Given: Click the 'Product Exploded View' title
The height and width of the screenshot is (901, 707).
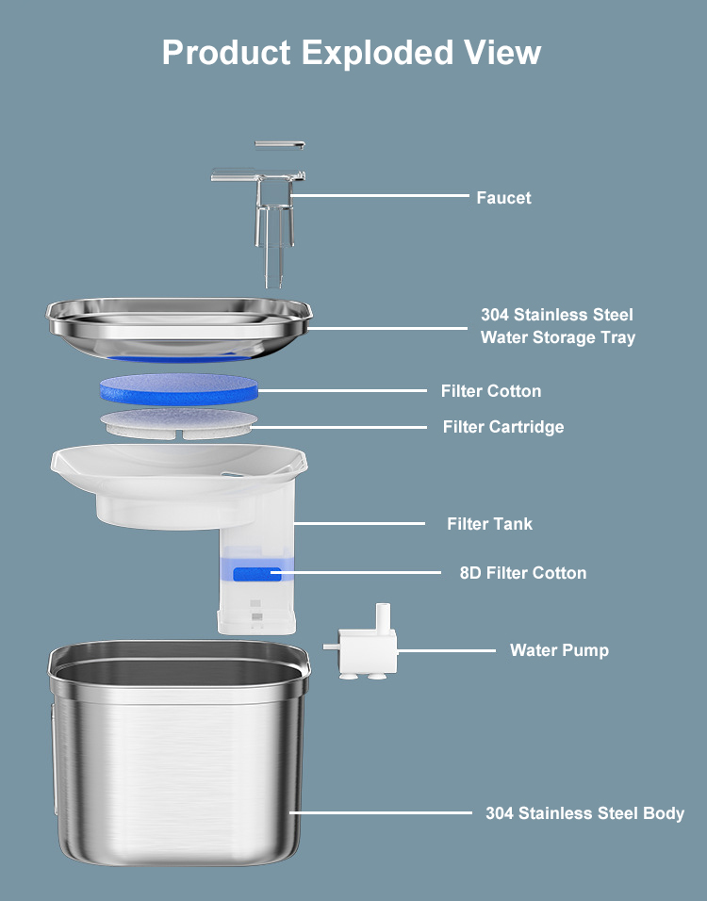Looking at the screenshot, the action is point(352,53).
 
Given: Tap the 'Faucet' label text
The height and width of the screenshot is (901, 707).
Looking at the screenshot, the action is point(503,198).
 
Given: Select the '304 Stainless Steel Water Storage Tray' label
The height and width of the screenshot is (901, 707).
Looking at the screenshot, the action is point(557,326).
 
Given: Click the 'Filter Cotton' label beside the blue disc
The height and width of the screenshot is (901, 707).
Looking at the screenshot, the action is point(491,391).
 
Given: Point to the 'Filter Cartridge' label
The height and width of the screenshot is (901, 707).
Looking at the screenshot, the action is point(503,427).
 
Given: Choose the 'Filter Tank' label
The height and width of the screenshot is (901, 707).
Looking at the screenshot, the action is point(490,524).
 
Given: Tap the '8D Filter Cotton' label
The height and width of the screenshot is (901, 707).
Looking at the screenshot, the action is point(523,573).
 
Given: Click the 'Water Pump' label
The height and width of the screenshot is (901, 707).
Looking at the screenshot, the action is point(559,650).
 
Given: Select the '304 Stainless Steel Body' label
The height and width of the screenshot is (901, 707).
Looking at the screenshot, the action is point(584,813).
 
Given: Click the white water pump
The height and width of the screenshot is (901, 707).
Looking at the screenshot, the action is point(362,647).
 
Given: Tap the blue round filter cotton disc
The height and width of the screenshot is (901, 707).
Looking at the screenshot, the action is point(179,388).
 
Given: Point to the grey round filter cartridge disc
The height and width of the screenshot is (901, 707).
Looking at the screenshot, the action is point(179,424).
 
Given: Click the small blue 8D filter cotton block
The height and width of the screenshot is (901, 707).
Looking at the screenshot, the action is point(257,574).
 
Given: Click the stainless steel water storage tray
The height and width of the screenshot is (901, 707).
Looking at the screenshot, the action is point(179,329).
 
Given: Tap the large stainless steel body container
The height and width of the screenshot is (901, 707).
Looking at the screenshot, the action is point(179,753).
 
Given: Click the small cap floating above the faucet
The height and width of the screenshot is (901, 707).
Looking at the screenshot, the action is point(279,145).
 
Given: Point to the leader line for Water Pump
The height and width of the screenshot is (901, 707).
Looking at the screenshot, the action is point(446,651).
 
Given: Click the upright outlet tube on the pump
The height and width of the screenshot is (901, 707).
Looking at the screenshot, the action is point(383,617).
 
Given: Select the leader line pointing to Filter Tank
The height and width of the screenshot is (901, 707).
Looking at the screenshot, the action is point(360,523).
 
